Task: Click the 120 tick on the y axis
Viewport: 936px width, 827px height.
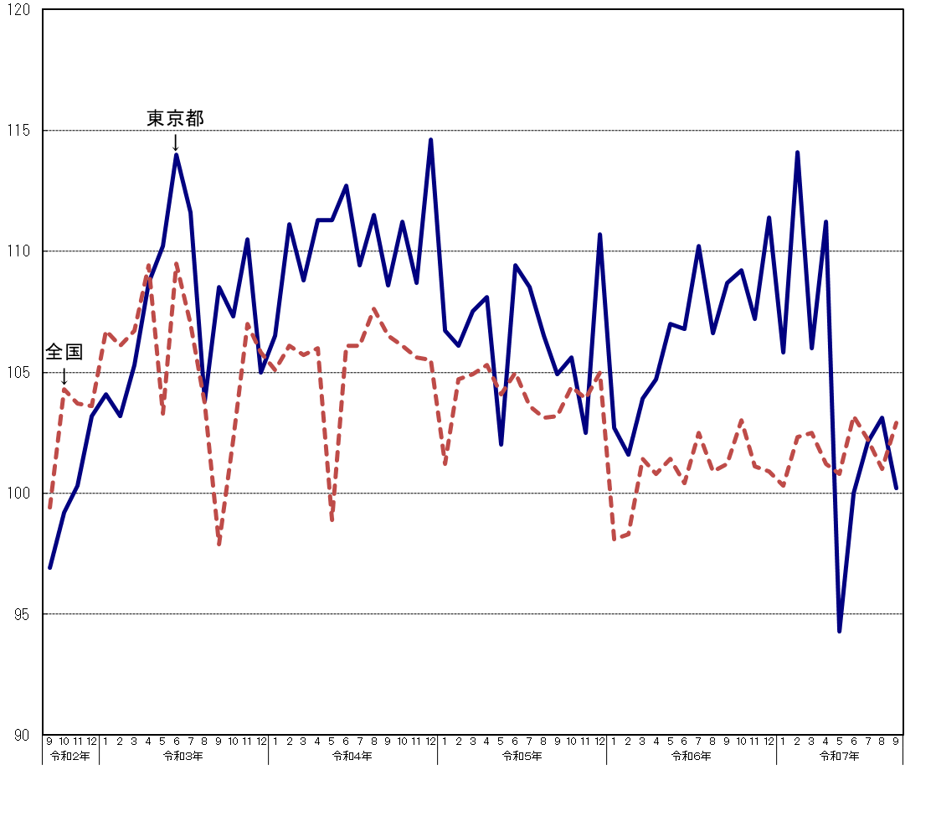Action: (18, 10)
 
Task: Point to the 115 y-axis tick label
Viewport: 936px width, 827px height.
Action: (18, 131)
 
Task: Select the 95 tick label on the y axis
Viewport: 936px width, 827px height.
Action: (22, 614)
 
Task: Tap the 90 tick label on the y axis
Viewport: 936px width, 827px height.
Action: (22, 735)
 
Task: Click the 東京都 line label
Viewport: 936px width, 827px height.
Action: (175, 119)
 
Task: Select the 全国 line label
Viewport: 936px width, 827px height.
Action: (64, 352)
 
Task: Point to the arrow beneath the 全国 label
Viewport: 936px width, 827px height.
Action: (64, 376)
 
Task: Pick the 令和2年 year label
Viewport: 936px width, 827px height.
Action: (70, 756)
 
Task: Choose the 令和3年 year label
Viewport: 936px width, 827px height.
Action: (183, 756)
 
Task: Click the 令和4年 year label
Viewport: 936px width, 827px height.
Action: (352, 756)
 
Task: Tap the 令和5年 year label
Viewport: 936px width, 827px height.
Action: (522, 756)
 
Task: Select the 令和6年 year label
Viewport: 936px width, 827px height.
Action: (692, 756)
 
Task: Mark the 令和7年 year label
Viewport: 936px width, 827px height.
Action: (839, 756)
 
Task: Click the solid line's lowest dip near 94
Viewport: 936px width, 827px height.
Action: (839, 631)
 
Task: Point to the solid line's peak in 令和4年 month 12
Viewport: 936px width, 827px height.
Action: (430, 140)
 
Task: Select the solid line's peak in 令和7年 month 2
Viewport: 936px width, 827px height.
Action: (797, 152)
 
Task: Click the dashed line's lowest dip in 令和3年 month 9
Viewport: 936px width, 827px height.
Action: (219, 545)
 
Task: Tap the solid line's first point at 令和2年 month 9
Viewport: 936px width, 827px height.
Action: (49, 567)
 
